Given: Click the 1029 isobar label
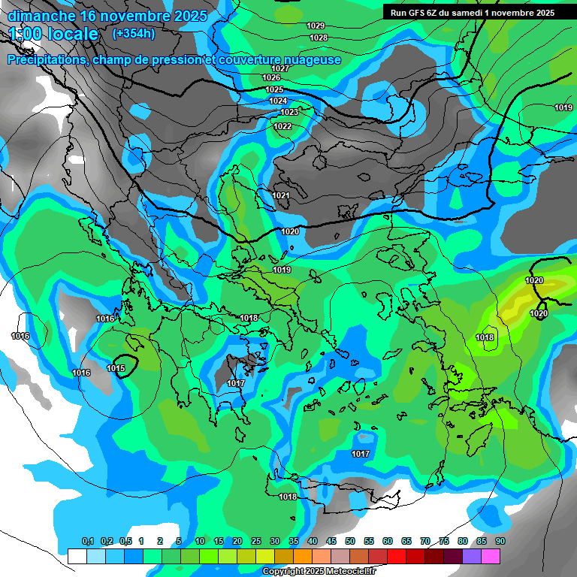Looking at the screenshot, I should [x=316, y=26].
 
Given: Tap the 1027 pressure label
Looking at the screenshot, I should [x=280, y=68].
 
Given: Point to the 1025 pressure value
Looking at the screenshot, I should [x=275, y=89].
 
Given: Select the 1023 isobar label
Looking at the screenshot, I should [x=289, y=112].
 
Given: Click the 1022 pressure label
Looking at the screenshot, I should [x=282, y=126].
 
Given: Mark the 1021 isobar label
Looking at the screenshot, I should [x=281, y=195].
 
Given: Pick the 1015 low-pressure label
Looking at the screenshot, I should [x=116, y=368].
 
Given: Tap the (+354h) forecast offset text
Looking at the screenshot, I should [x=134, y=33].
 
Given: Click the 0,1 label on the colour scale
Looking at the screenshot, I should [x=88, y=542].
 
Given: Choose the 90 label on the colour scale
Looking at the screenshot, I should [x=500, y=542].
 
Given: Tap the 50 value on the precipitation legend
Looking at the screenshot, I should [x=350, y=542].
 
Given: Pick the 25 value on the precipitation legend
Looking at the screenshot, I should [x=256, y=542].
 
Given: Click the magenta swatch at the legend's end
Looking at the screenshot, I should [x=491, y=556].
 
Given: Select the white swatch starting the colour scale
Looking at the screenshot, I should [x=77, y=556].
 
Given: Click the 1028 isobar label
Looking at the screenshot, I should [x=319, y=38].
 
